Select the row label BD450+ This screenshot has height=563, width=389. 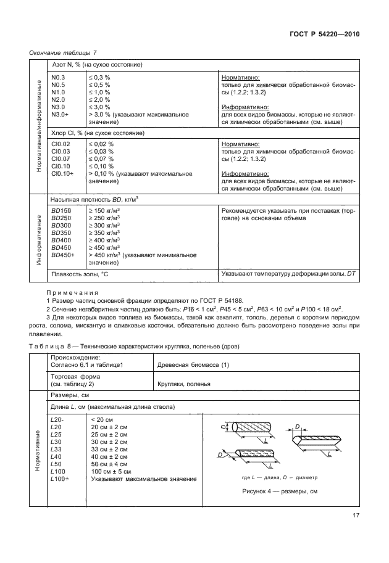[63, 255]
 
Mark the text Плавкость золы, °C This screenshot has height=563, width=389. [80, 273]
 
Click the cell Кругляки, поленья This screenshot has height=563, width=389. [185, 383]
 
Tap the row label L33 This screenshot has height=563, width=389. [56, 449]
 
